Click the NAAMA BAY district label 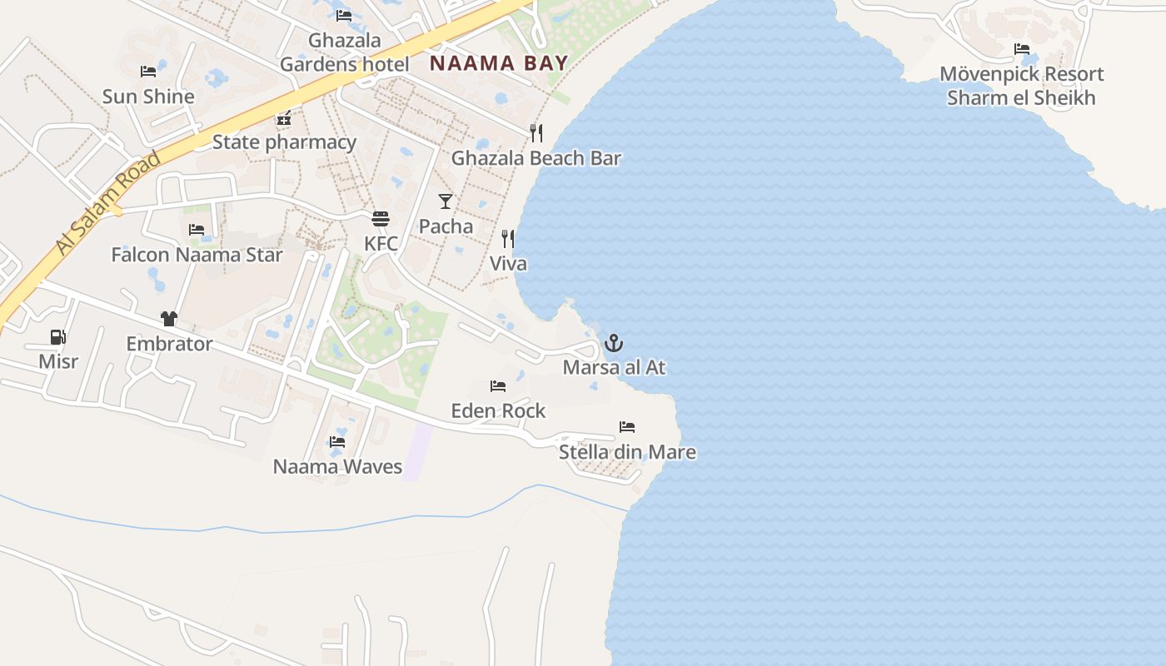click(x=499, y=63)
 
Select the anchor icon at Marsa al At click(x=614, y=343)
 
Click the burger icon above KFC click(x=381, y=219)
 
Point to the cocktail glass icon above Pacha click(x=446, y=201)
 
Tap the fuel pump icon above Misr click(x=58, y=337)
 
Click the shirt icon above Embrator click(x=169, y=319)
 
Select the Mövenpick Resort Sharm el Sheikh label click(x=1021, y=86)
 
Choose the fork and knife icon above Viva click(x=508, y=239)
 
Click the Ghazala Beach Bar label click(x=536, y=158)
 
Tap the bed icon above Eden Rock click(x=498, y=386)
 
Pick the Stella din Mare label click(x=627, y=452)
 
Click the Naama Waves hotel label click(x=337, y=466)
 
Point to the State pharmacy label click(x=284, y=142)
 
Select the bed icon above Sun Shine click(x=148, y=72)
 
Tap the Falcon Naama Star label click(x=197, y=255)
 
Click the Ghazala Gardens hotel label click(x=344, y=52)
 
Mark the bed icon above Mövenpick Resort click(x=1022, y=49)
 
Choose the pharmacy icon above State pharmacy click(x=284, y=119)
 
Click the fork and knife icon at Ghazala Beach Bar click(x=536, y=132)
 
